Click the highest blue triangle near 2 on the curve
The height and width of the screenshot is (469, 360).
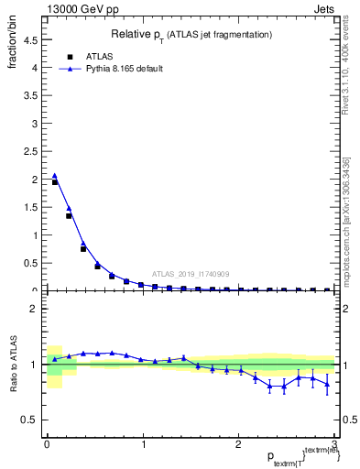point(54,176)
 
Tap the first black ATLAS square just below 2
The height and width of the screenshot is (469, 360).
point(54,181)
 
